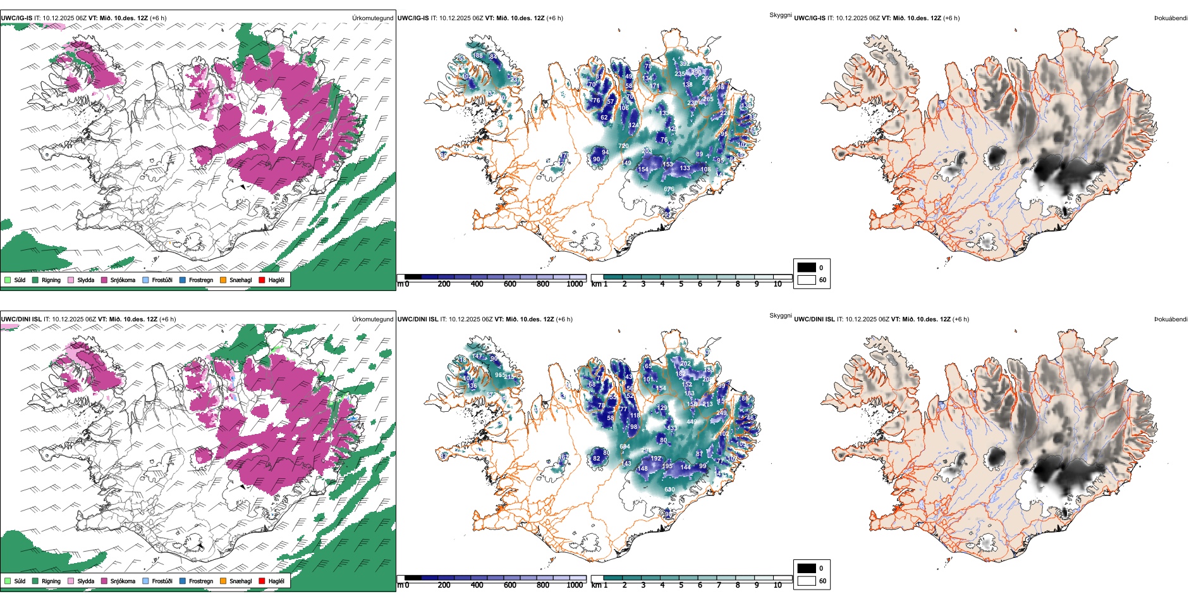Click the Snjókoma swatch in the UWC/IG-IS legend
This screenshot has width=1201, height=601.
pos(104,280)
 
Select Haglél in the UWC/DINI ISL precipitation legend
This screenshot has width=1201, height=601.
pos(262,581)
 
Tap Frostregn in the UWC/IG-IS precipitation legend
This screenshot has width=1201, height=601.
pos(183,280)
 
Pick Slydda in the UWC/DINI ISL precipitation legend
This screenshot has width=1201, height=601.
pos(71,581)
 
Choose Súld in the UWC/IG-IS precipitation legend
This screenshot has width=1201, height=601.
pos(8,280)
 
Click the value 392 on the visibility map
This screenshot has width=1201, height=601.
pos(684,64)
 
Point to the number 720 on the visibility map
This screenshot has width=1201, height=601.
pos(623,146)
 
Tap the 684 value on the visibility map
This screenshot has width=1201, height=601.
pos(625,447)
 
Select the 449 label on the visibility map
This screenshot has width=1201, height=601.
pos(692,421)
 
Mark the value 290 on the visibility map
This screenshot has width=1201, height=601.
pos(697,72)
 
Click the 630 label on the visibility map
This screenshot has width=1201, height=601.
pos(669,489)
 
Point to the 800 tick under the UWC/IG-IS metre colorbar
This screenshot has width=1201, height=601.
pos(543,284)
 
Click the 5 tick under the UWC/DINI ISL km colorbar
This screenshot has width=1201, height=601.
pos(681,585)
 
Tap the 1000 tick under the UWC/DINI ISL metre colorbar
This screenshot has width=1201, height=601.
pos(575,585)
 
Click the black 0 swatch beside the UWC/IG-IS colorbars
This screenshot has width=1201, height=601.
pos(807,267)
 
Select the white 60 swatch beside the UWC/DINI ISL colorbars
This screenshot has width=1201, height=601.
pos(807,580)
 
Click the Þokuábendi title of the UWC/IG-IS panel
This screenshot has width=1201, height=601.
pos(1171,18)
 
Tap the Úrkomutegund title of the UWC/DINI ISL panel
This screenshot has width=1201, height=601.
pos(372,319)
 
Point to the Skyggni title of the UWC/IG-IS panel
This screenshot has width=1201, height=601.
pos(780,15)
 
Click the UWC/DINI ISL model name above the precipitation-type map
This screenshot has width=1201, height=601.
pos(21,319)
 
